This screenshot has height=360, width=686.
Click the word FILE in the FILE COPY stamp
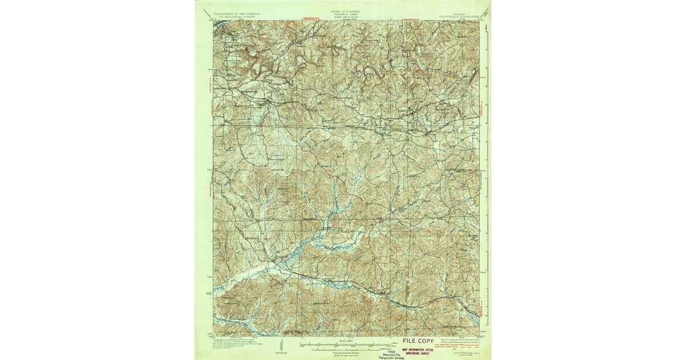[412, 341]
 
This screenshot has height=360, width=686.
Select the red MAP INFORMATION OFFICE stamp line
[424, 349]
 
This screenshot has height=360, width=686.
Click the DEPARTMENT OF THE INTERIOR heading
[236, 13]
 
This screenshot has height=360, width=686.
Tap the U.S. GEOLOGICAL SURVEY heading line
[236, 16]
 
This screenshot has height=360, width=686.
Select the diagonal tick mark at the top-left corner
[201, 11]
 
